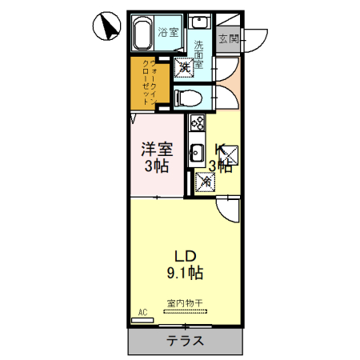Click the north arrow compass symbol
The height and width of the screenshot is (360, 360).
point(105,27)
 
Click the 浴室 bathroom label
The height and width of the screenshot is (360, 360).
point(167,33)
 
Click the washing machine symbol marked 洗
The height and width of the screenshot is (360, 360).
point(184,69)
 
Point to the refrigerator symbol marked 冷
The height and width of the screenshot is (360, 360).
point(205,182)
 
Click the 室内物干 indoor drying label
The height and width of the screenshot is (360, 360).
point(185,303)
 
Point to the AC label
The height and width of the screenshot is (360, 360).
point(143,312)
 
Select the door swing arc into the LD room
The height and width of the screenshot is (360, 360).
point(229,210)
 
